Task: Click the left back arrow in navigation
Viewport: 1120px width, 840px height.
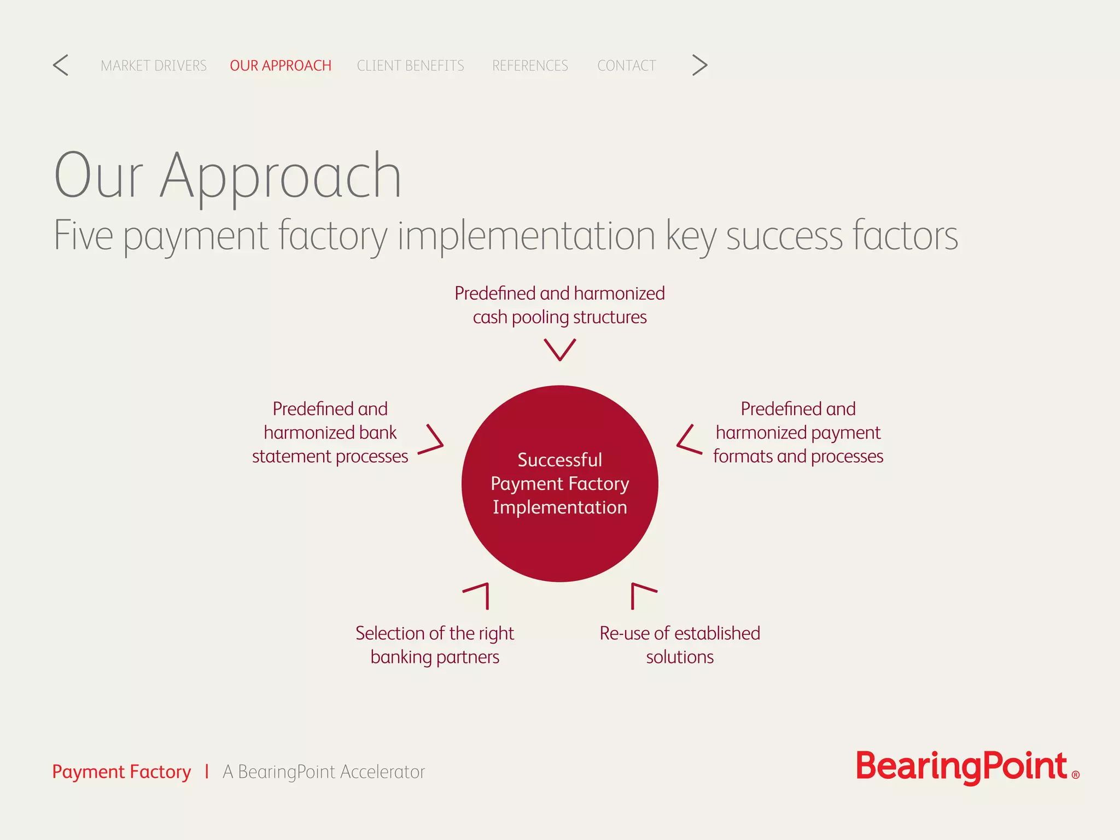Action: (x=61, y=65)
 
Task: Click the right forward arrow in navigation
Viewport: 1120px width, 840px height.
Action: (x=699, y=65)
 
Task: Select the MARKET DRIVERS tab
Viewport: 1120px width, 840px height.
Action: (x=154, y=66)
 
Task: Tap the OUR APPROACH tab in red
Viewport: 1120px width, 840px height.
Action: (x=281, y=66)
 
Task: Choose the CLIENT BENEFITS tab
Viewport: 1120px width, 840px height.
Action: (x=410, y=66)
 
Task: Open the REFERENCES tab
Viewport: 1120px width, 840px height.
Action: (x=530, y=66)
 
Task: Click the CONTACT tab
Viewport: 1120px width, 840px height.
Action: (x=626, y=66)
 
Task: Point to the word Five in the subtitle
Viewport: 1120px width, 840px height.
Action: (x=83, y=236)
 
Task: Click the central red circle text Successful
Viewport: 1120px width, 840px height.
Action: (x=559, y=460)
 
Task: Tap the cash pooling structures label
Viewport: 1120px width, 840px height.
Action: (x=559, y=305)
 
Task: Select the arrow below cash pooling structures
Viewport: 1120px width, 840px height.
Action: (x=559, y=349)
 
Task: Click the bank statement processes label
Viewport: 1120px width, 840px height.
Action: (x=330, y=433)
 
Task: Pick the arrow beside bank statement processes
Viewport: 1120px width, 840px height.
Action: (x=432, y=440)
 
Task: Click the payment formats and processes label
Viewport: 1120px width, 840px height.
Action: (x=798, y=433)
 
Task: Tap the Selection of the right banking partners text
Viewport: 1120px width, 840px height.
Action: (x=435, y=645)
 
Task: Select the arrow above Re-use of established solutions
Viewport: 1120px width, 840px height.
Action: (x=641, y=594)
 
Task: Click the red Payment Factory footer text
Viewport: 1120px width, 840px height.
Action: (x=121, y=772)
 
